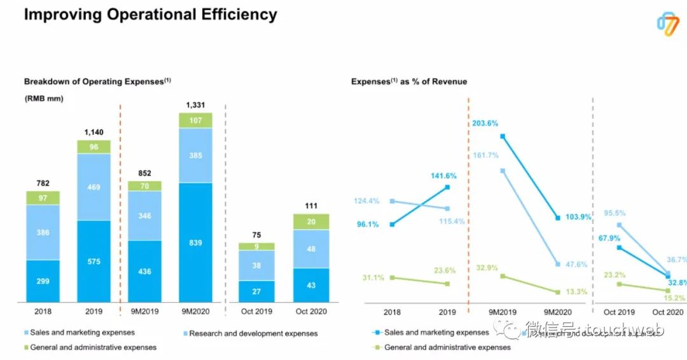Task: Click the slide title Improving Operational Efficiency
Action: [150, 15]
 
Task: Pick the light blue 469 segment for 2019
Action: [94, 187]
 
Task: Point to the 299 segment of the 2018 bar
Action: [43, 280]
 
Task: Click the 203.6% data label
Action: [485, 123]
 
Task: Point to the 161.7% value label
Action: [485, 155]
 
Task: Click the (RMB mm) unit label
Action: [43, 99]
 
